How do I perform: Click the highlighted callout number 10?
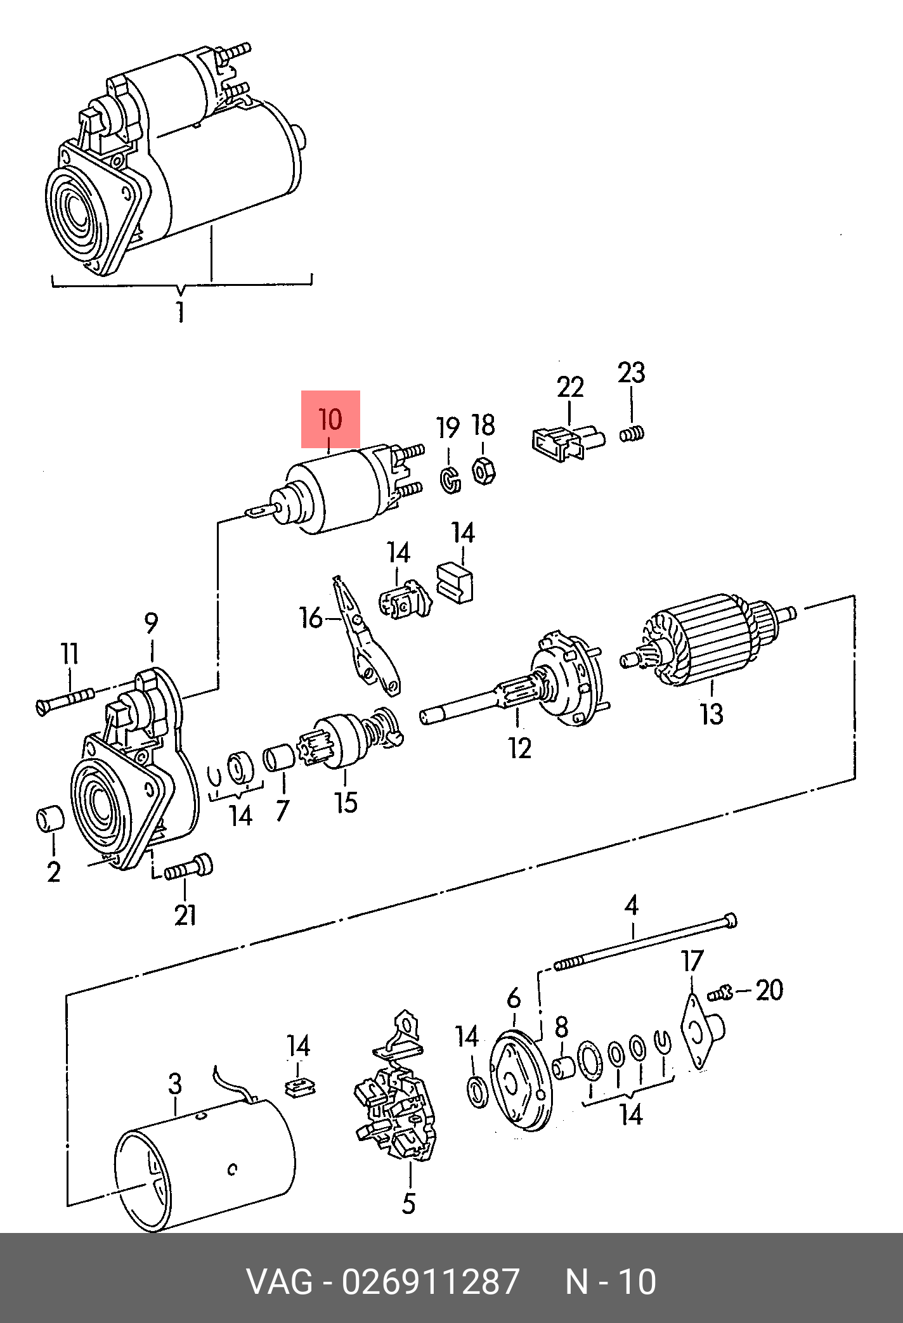(x=330, y=420)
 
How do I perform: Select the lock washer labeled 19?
(x=450, y=479)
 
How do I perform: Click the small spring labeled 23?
(x=632, y=434)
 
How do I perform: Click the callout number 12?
(x=519, y=749)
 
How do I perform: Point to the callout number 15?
(x=346, y=803)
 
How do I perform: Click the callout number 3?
(x=176, y=1083)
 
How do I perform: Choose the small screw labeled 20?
(x=720, y=993)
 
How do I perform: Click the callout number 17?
(x=692, y=961)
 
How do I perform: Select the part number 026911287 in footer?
(x=431, y=1282)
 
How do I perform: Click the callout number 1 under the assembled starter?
(x=181, y=311)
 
